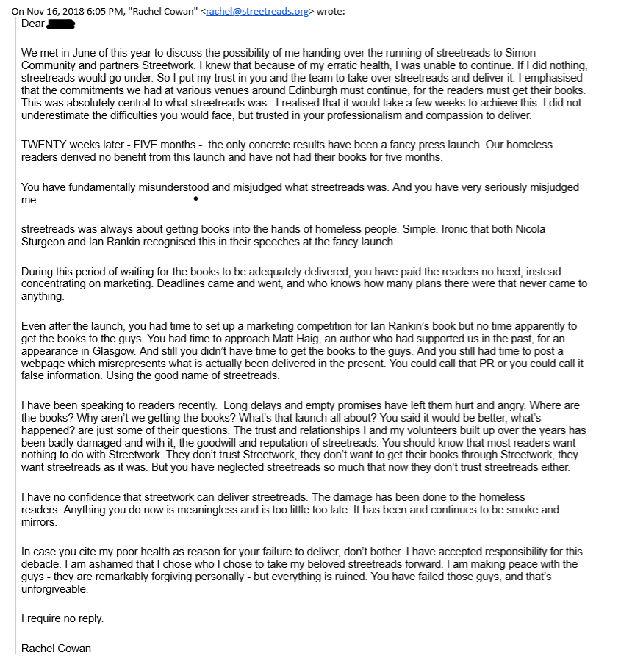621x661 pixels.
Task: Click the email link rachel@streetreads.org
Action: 248,11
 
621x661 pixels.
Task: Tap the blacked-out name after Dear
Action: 62,24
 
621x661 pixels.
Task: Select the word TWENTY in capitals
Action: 43,145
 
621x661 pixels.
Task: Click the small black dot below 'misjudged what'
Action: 195,198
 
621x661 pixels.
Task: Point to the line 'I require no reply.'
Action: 62,618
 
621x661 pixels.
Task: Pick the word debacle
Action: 43,564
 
